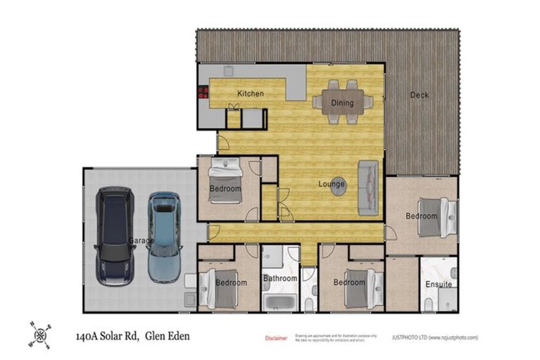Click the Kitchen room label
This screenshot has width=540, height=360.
pyautogui.click(x=250, y=94)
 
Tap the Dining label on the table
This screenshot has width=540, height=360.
pyautogui.click(x=342, y=103)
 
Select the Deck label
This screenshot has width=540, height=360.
pyautogui.click(x=419, y=95)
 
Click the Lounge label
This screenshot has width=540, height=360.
pyautogui.click(x=331, y=185)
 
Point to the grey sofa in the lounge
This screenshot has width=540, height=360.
pyautogui.click(x=368, y=188)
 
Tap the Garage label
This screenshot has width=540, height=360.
pyautogui.click(x=141, y=240)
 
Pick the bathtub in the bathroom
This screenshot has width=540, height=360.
pyautogui.click(x=281, y=303)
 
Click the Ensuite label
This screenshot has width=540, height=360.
pyautogui.click(x=438, y=285)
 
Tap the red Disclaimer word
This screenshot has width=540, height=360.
pyautogui.click(x=276, y=338)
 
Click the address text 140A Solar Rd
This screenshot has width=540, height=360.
pyautogui.click(x=105, y=337)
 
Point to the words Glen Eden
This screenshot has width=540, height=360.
pyautogui.click(x=167, y=337)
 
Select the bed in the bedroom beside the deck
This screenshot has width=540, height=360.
pyautogui.click(x=430, y=218)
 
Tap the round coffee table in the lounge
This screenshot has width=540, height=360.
pyautogui.click(x=338, y=183)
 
